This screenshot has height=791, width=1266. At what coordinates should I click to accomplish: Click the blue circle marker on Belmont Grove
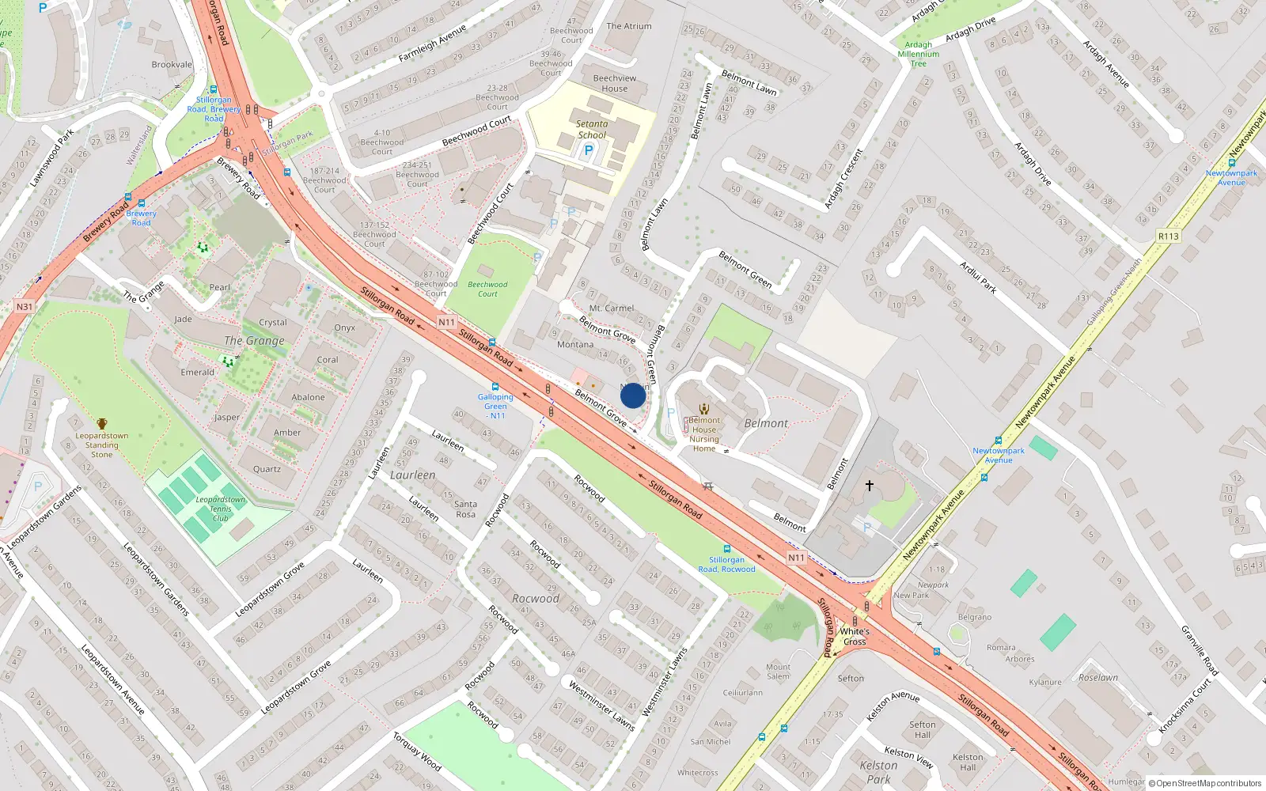(x=632, y=395)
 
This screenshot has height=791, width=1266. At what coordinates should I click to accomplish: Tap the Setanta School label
(x=592, y=129)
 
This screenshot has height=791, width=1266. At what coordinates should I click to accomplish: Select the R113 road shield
(x=1168, y=236)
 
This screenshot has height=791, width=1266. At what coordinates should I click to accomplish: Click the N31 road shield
(x=25, y=307)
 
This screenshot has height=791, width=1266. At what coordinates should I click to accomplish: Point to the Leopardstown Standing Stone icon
(x=102, y=424)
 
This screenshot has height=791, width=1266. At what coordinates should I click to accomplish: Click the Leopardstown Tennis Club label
(x=221, y=509)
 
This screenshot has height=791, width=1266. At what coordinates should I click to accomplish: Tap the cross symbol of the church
(x=869, y=486)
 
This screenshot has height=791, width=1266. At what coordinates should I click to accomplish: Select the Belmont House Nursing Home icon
(x=704, y=409)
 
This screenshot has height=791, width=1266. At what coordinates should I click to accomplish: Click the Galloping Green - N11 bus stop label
(x=495, y=406)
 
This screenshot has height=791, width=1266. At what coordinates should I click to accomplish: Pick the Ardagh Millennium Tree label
(x=919, y=54)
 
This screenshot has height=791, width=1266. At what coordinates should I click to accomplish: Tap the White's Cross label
(x=855, y=637)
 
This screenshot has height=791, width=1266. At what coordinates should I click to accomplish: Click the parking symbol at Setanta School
(x=588, y=150)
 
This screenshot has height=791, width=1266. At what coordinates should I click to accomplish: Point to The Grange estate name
(x=254, y=341)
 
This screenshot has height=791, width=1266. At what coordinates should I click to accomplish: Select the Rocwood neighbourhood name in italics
(x=536, y=599)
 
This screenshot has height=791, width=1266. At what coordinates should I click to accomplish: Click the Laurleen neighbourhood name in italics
(x=412, y=475)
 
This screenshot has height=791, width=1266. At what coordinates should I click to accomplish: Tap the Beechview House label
(x=615, y=83)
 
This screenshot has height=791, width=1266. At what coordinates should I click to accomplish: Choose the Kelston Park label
(x=878, y=772)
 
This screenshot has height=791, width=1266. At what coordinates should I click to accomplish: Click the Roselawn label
(x=1098, y=677)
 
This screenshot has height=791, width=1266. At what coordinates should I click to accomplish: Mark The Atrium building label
(x=629, y=26)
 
